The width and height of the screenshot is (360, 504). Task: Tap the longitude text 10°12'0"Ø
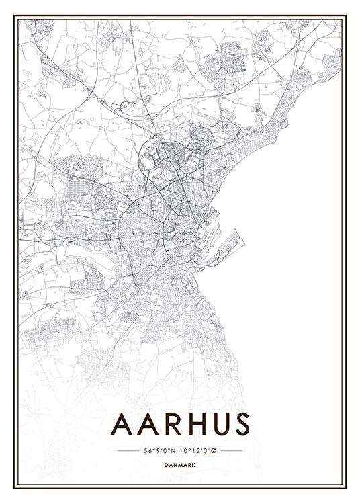click(198, 450)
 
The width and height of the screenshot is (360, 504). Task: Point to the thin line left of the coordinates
click(128, 450)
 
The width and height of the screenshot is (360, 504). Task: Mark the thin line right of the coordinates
click(232, 450)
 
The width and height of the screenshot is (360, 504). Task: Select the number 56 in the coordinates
click(146, 450)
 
